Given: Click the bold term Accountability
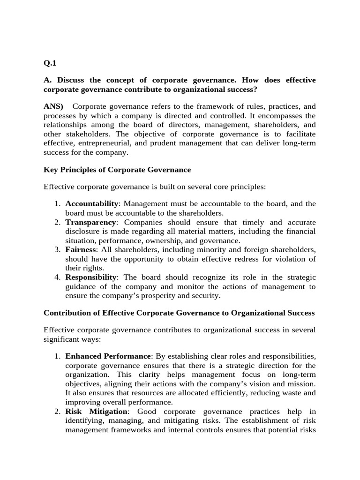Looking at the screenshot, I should pyautogui.click(x=92, y=203).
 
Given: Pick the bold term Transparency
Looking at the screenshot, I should pyautogui.click(x=90, y=222).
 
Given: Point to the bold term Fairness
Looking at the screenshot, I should pyautogui.click(x=81, y=249).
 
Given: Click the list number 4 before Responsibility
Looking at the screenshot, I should pyautogui.click(x=57, y=277).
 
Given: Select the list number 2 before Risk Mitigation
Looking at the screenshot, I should pyautogui.click(x=57, y=411).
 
